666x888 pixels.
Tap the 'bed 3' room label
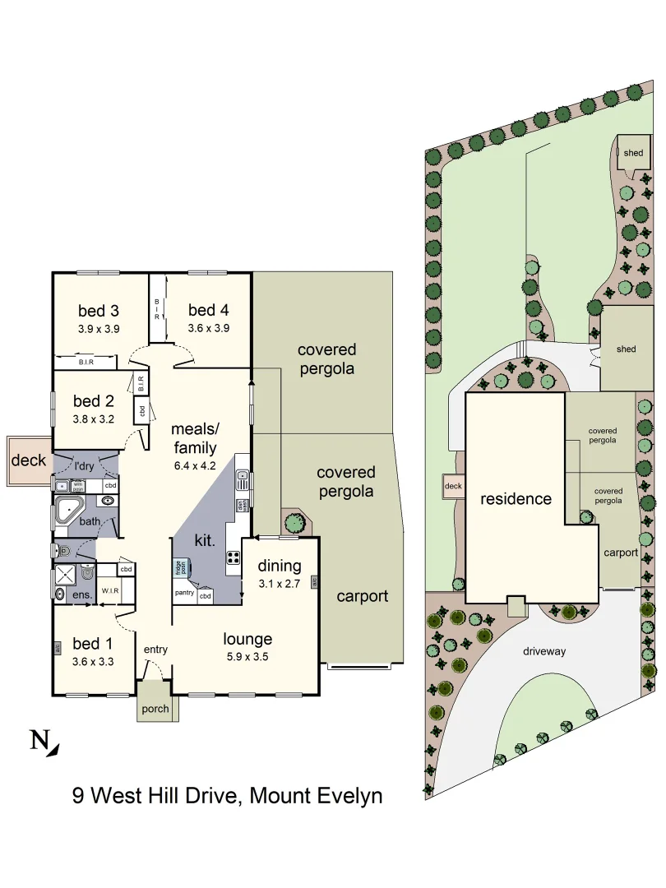[99, 311]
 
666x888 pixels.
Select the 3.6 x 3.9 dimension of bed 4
[208, 327]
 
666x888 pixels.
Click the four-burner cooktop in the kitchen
[233, 557]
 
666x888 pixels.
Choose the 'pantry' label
[184, 593]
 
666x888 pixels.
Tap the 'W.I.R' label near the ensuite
[111, 590]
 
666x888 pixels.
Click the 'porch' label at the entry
[155, 709]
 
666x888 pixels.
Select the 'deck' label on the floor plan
[29, 460]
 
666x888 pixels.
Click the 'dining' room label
[280, 566]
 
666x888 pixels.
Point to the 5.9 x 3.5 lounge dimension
[247, 656]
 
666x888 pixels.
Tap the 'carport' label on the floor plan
[363, 596]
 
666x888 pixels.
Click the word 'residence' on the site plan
[516, 498]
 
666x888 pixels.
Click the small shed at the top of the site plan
[633, 154]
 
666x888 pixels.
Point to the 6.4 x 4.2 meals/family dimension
[194, 466]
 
